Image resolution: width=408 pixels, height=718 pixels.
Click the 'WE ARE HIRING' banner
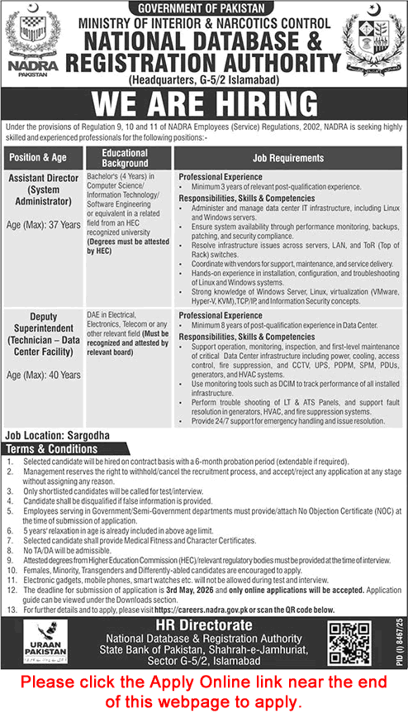click(204, 105)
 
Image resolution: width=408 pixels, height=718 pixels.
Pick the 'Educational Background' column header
click(124, 158)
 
